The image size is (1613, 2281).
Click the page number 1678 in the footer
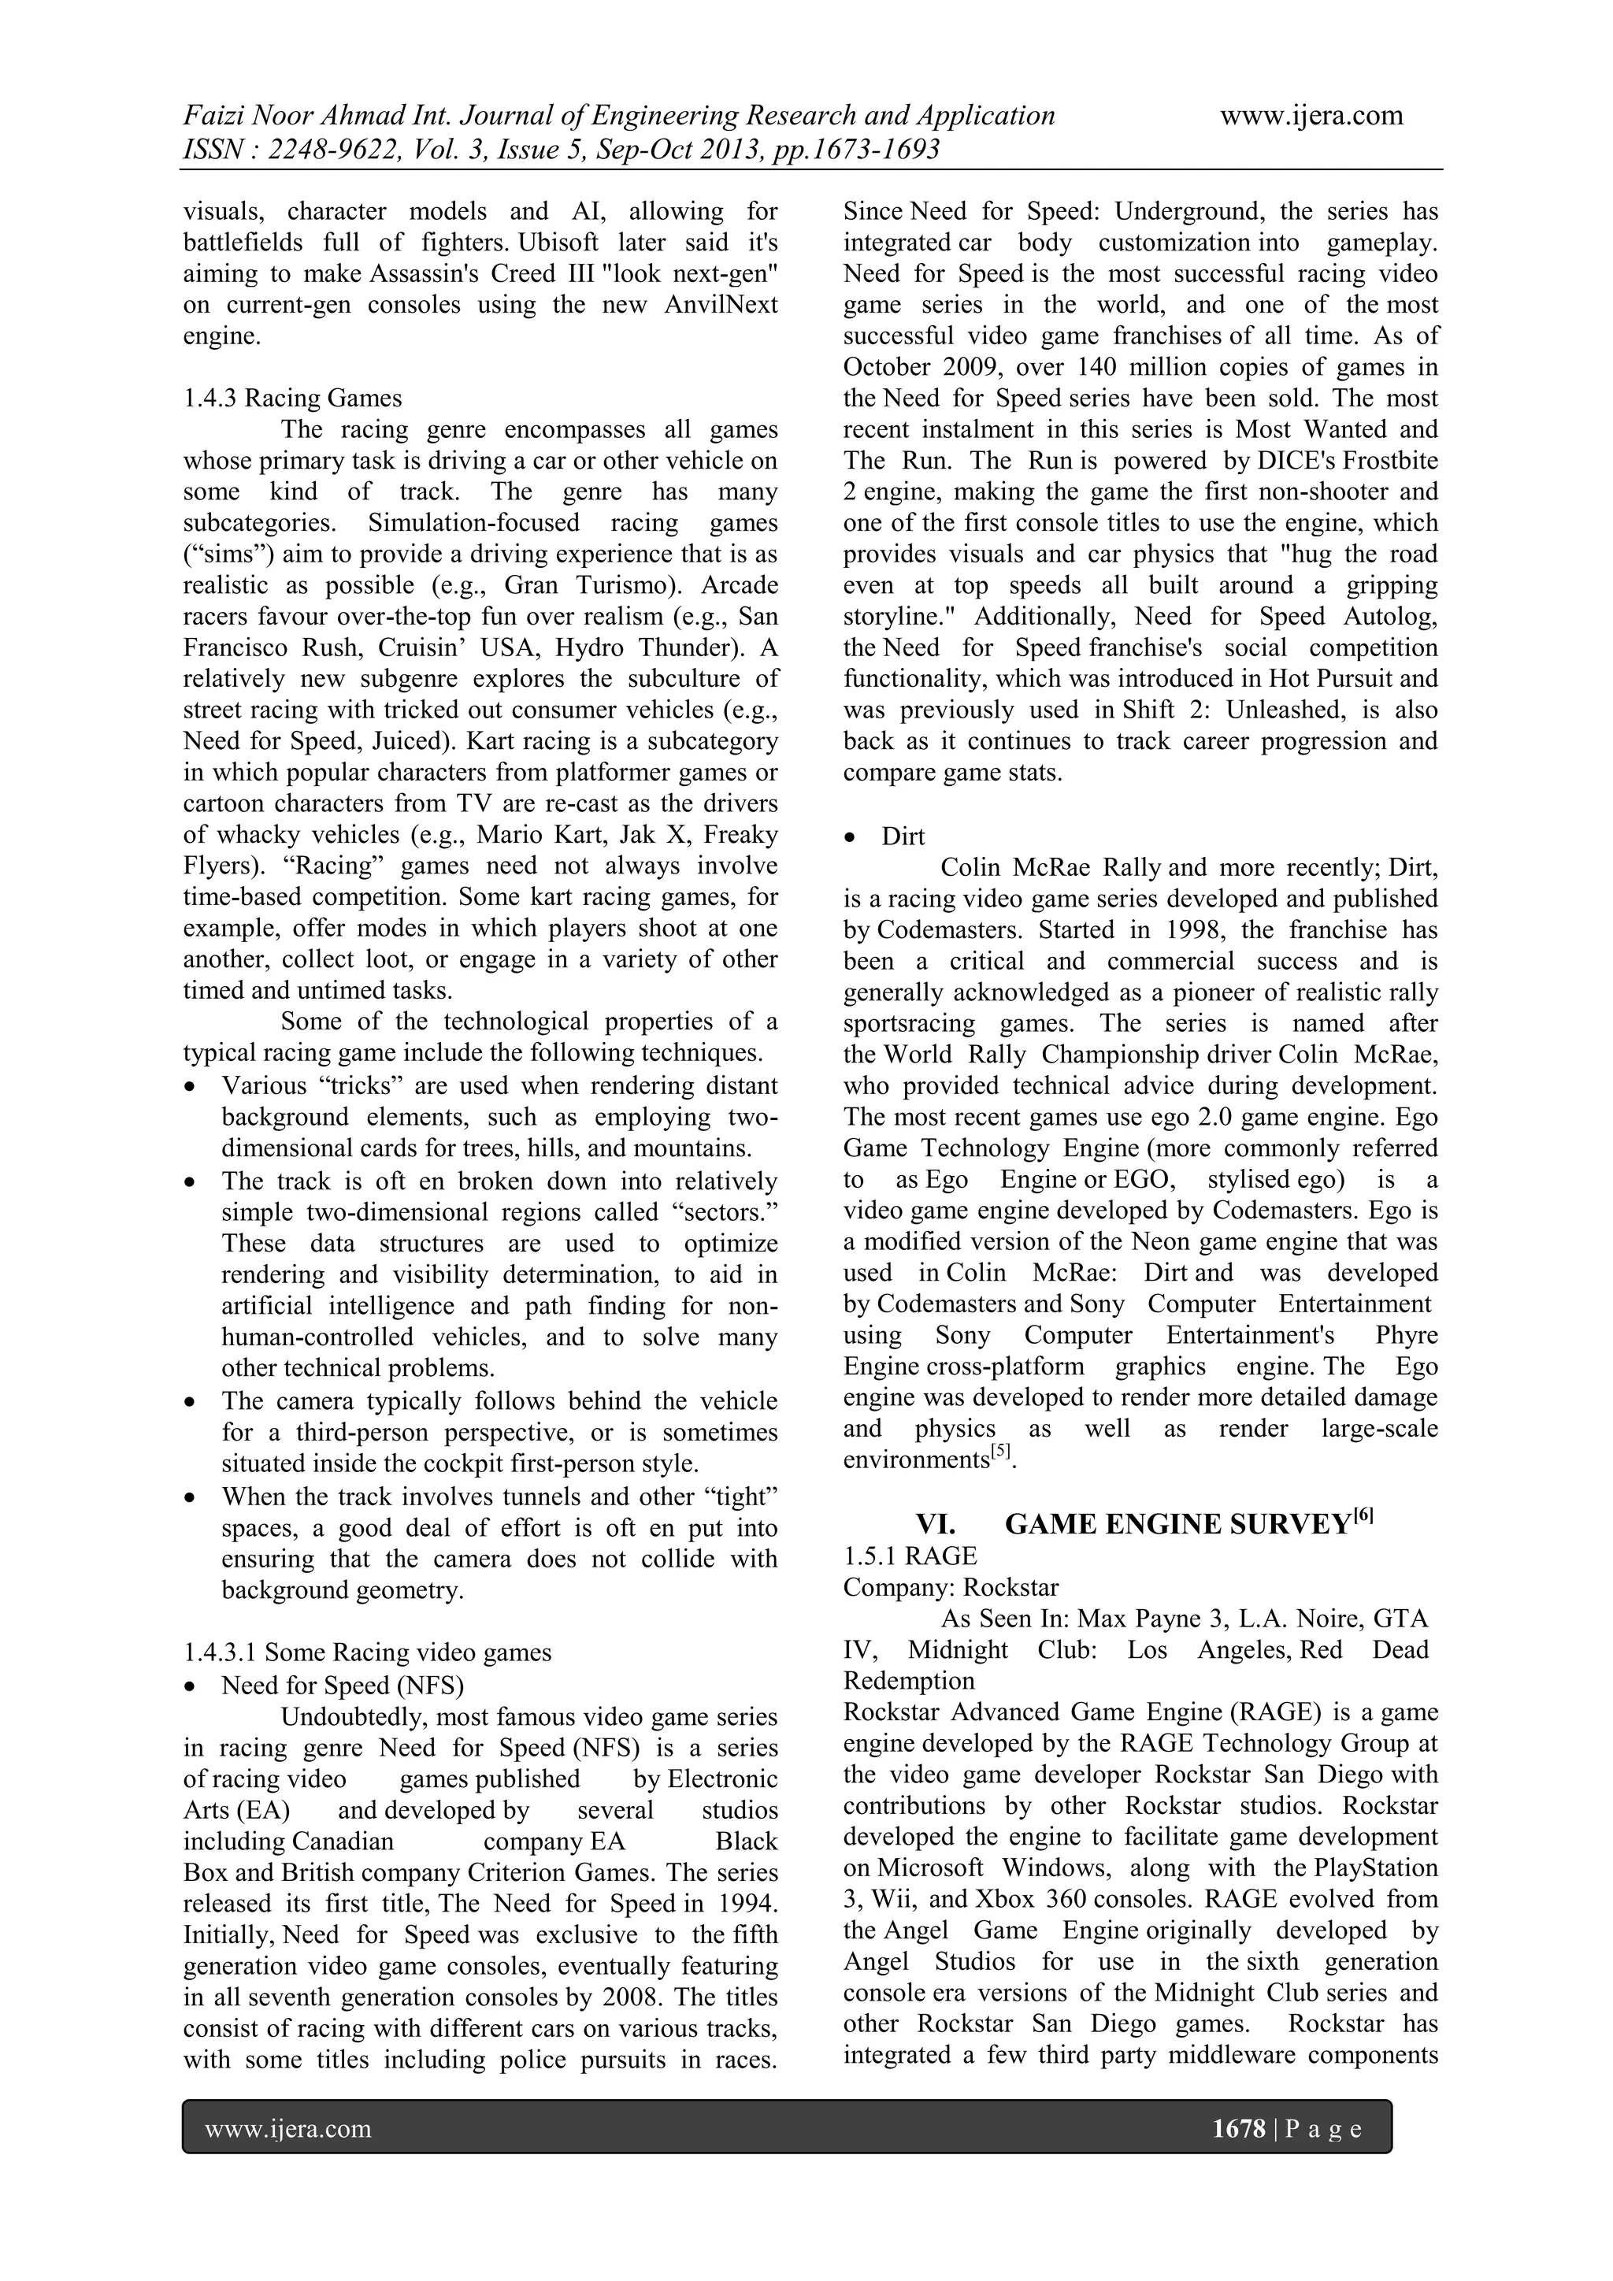(x=1239, y=2128)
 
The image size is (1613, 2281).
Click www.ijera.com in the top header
(x=1311, y=117)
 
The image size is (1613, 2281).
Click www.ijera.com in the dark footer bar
(x=288, y=2128)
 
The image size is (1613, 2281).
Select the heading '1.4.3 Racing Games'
(x=292, y=399)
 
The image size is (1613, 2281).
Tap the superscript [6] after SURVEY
(x=1363, y=1516)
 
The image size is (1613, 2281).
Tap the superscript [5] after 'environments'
(x=1001, y=1453)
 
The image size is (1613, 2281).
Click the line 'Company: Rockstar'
(x=951, y=1588)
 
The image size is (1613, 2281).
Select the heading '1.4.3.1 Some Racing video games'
(x=368, y=1652)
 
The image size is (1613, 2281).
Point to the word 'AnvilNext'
(x=721, y=305)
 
